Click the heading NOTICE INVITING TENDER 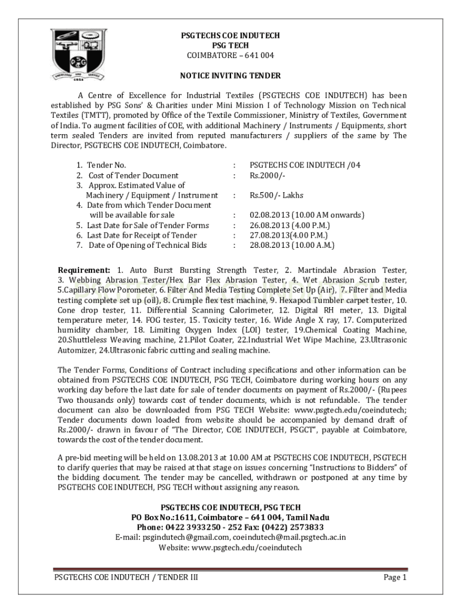(x=230, y=76)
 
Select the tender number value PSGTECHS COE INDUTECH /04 (x=305, y=165)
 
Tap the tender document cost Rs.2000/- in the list (x=268, y=175)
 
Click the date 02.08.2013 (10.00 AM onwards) (x=307, y=215)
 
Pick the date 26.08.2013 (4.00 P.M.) (x=290, y=225)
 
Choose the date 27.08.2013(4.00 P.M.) (x=289, y=235)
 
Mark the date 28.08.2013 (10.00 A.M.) (x=292, y=245)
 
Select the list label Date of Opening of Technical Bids (x=147, y=245)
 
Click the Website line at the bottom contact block (x=230, y=547)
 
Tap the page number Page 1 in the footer (x=395, y=578)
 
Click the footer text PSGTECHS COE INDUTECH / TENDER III (x=126, y=578)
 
